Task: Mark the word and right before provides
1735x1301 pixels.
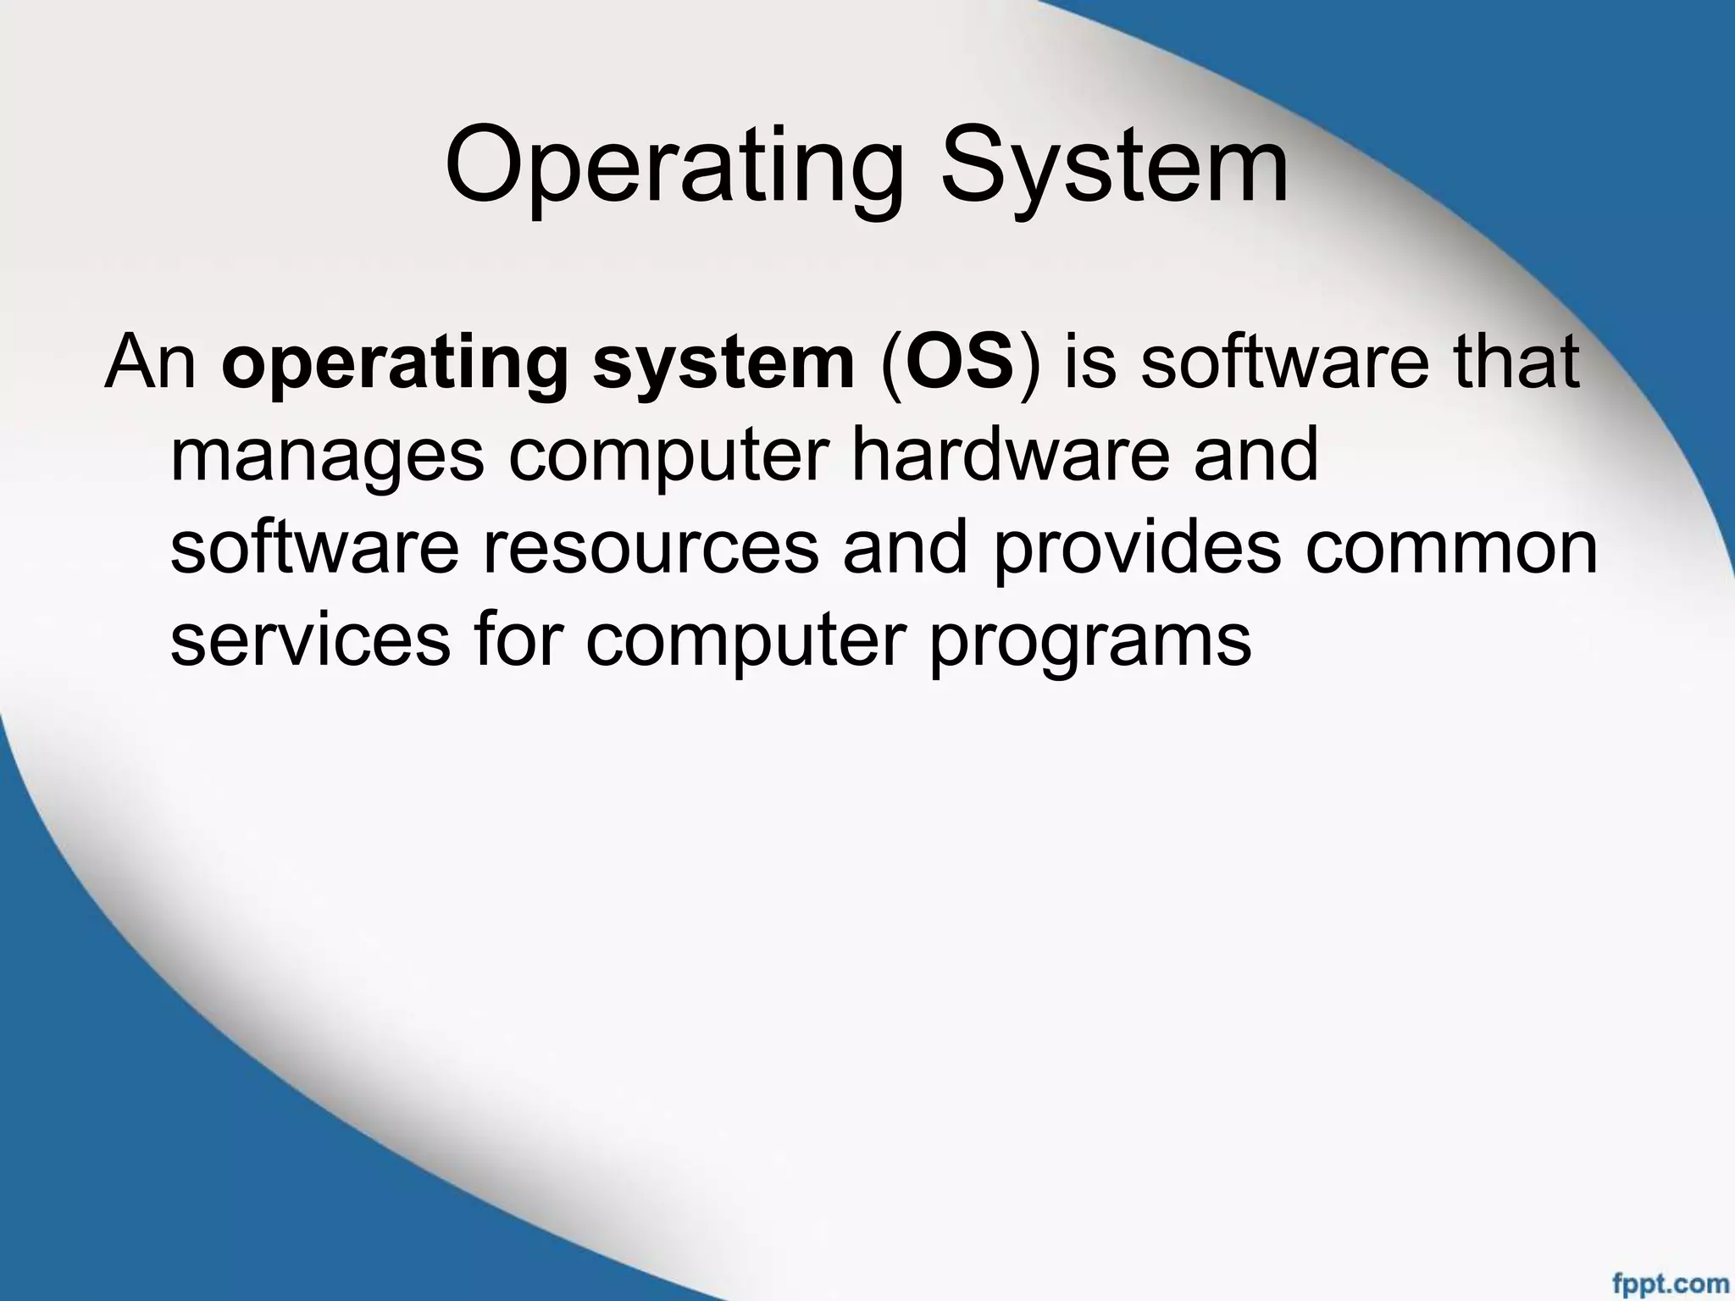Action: click(x=905, y=548)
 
